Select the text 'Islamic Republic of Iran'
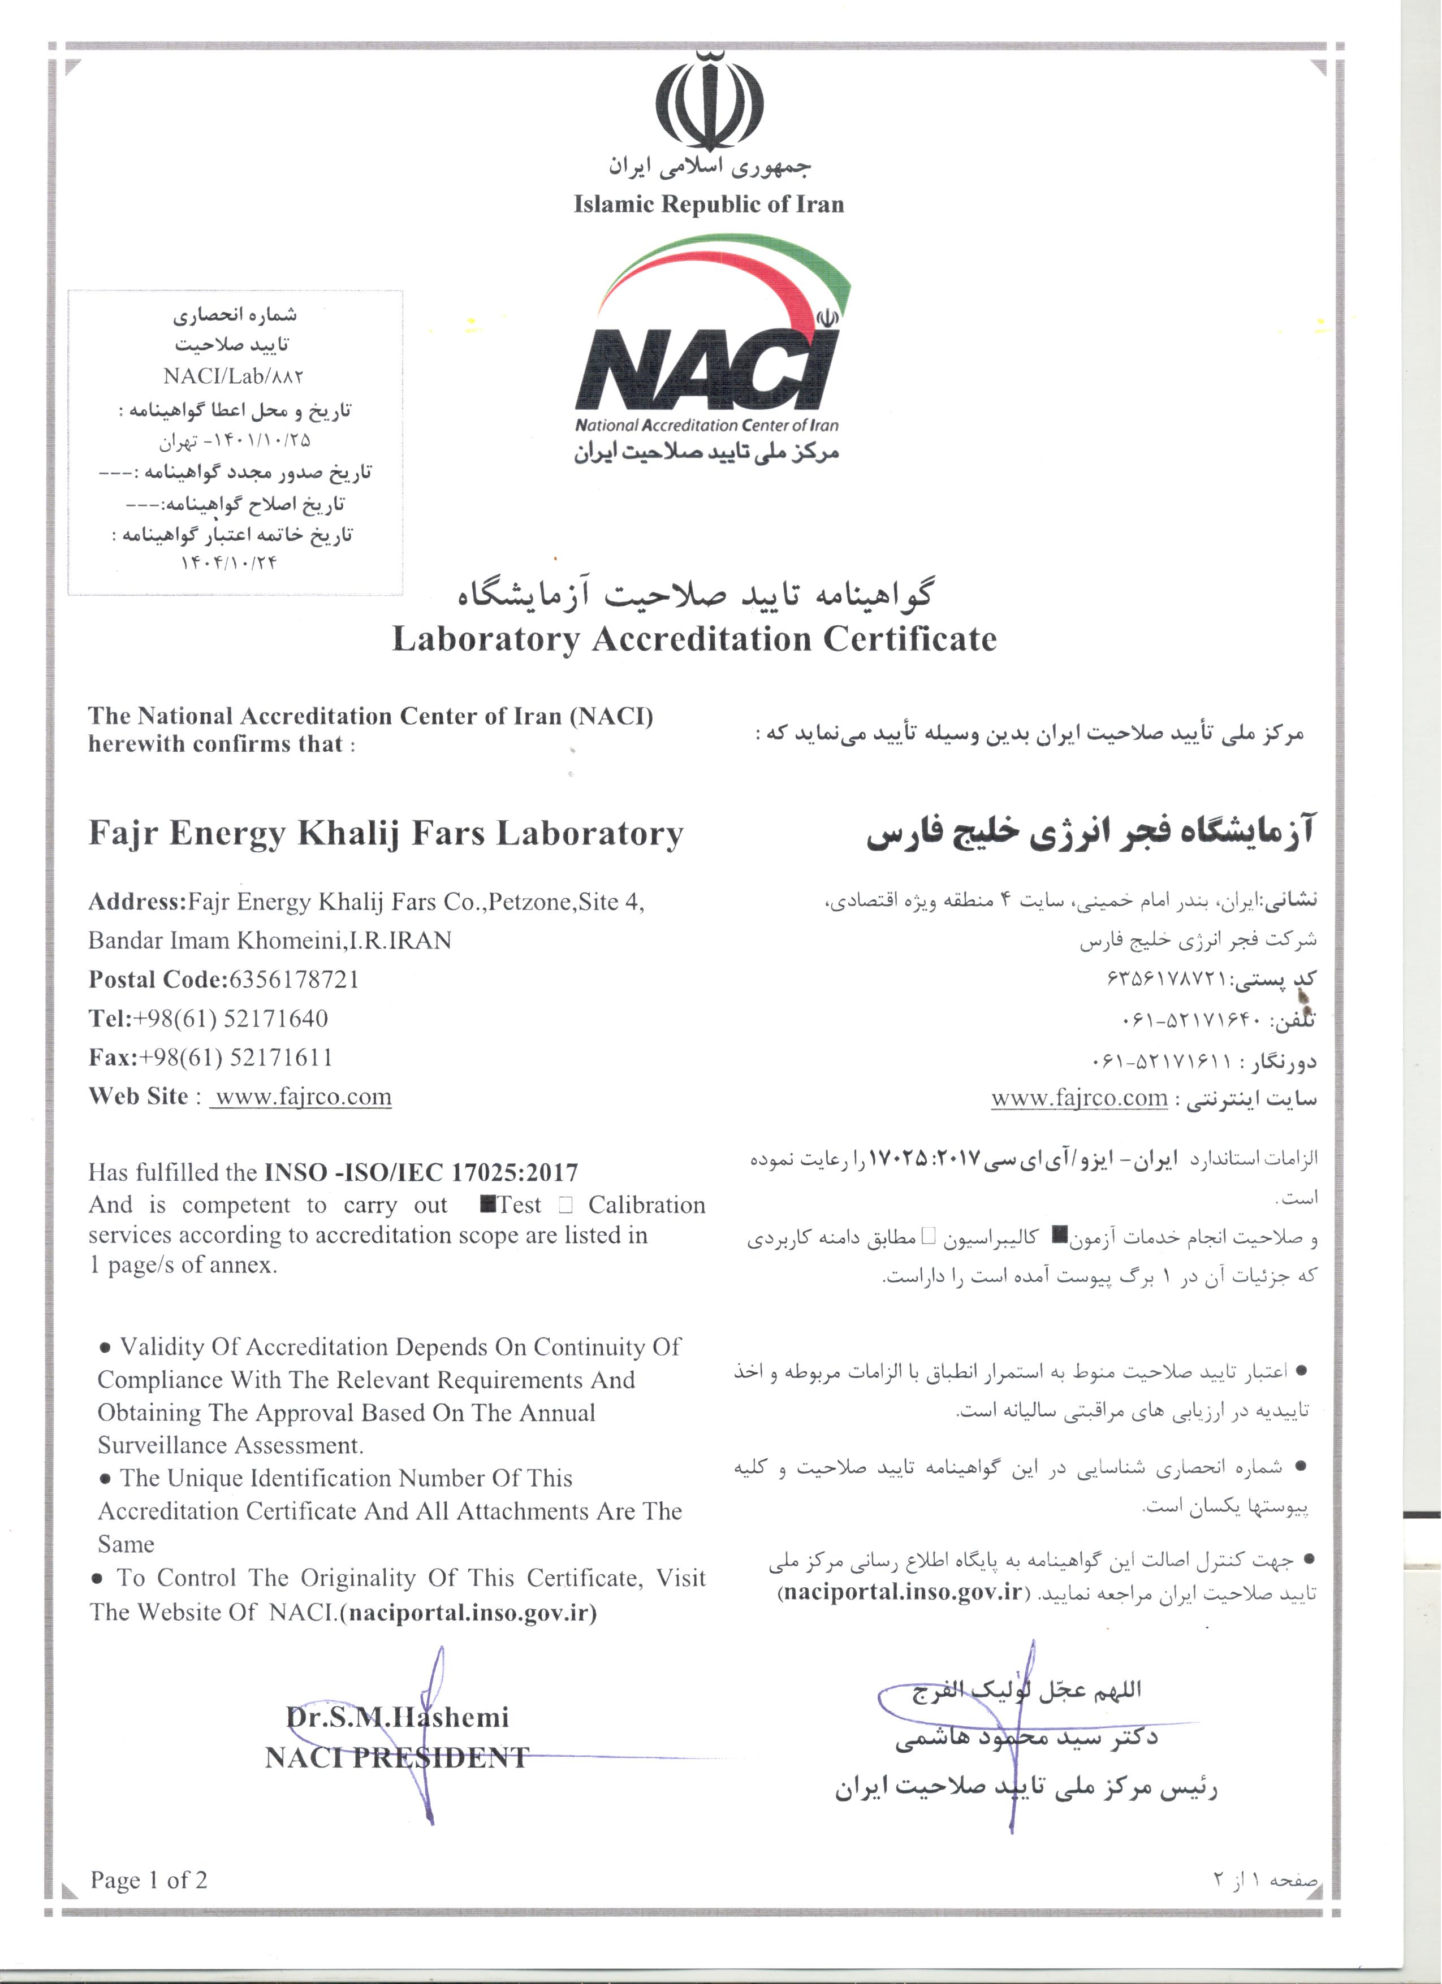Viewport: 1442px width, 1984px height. [709, 205]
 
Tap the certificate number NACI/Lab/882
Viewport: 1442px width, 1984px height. [233, 376]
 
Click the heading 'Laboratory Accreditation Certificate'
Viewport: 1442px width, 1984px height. [694, 639]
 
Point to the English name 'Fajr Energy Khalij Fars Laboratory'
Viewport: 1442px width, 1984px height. [385, 834]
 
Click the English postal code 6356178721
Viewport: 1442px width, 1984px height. [294, 980]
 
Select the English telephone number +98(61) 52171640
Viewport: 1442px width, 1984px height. [230, 1018]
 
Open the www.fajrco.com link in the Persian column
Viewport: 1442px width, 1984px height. [1079, 1098]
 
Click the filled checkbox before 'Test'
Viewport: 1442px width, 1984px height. [488, 1205]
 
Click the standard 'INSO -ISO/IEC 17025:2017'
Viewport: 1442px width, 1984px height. [421, 1172]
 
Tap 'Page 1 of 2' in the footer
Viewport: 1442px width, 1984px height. [149, 1880]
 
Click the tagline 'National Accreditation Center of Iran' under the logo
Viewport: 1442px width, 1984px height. [706, 426]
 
